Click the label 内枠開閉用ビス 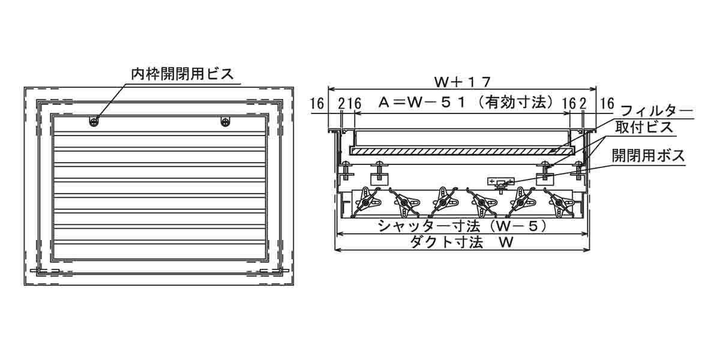click(182, 74)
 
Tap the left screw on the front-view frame click(94, 122)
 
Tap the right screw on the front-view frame click(225, 122)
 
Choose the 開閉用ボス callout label click(648, 155)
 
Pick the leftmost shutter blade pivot click(365, 203)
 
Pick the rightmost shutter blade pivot click(560, 203)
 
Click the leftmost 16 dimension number click(317, 103)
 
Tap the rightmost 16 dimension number click(607, 103)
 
